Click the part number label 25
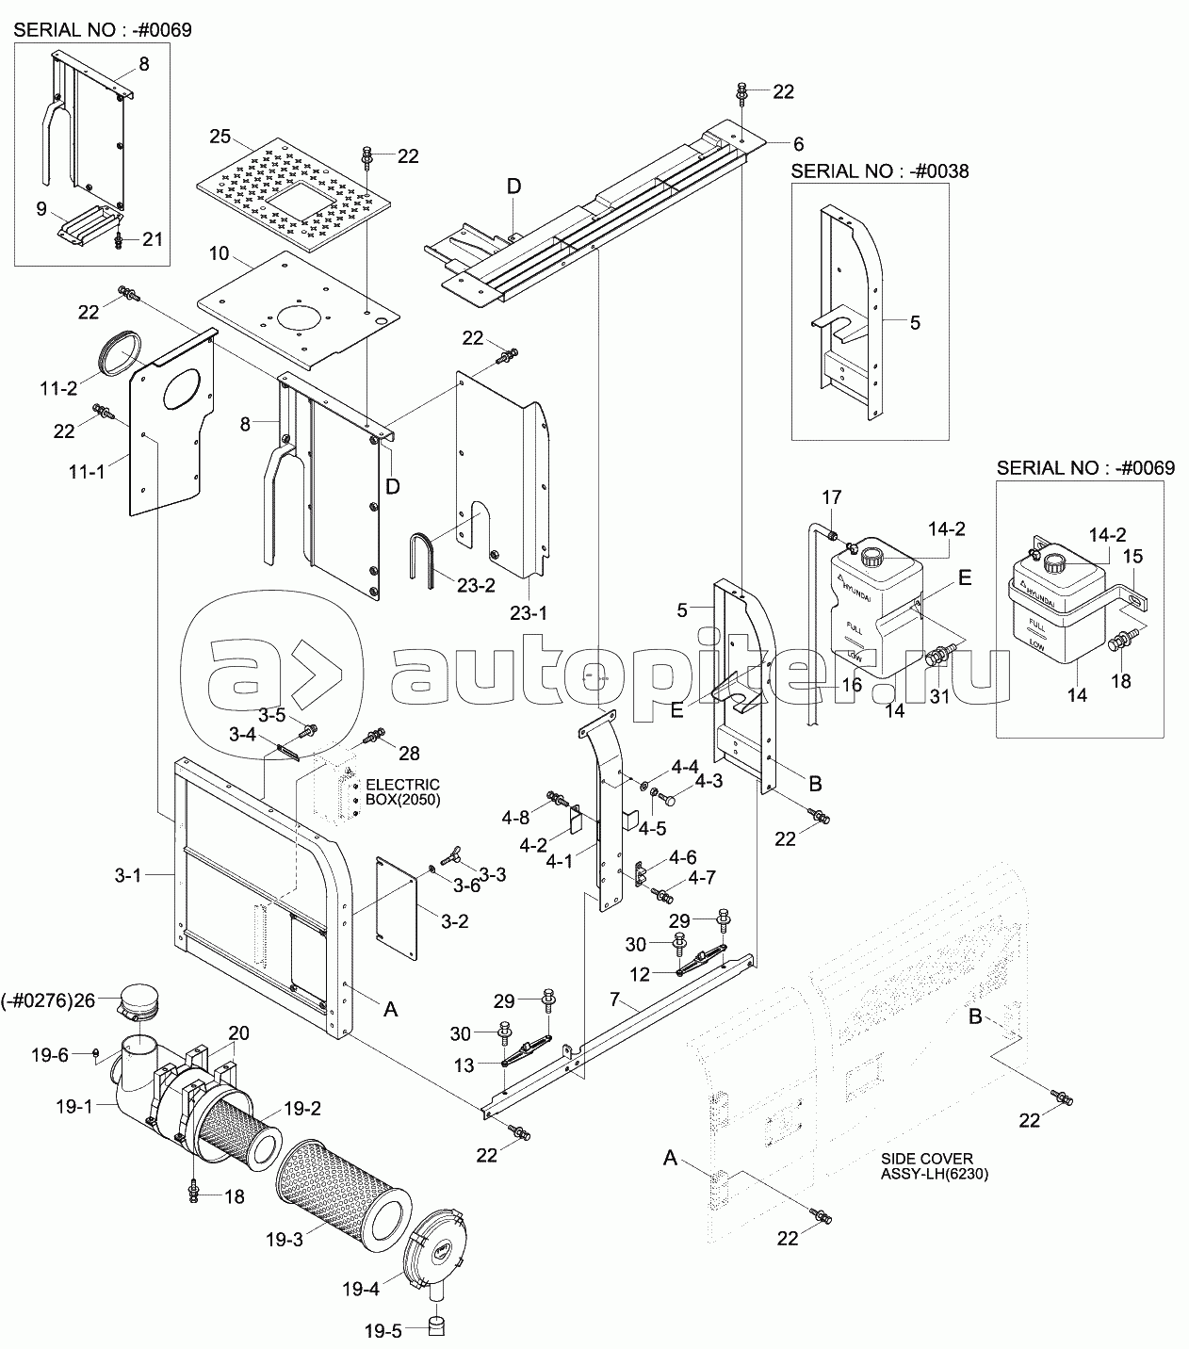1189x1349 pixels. [220, 137]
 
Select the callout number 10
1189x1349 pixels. [219, 253]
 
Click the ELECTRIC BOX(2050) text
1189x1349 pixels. [402, 792]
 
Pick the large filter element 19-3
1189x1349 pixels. [343, 1190]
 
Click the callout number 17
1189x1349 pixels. [831, 496]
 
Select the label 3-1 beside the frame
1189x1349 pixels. [127, 875]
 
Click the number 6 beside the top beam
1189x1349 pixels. [798, 143]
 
